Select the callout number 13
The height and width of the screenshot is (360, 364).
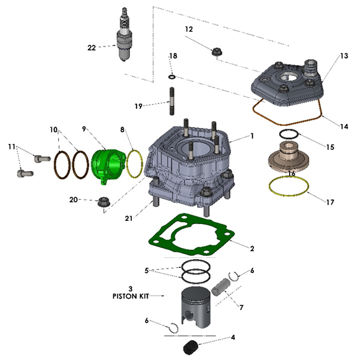pos(343,58)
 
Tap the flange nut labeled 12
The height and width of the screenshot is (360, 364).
pos(215,52)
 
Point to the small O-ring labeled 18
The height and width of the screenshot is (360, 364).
pos(172,77)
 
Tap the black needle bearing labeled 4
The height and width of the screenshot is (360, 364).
pos(192,347)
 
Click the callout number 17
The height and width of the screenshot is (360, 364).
pos(330,202)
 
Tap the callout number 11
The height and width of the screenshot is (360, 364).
pos(11,147)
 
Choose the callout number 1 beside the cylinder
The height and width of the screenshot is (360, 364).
pos(252,136)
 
